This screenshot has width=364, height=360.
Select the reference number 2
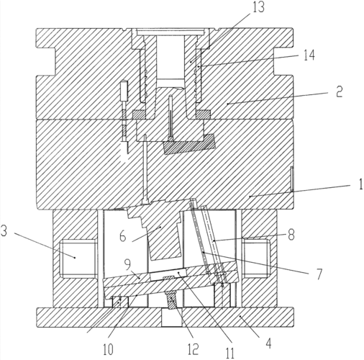(x=339, y=91)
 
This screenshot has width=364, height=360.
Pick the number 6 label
(x=122, y=236)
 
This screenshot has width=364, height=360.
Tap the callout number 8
(x=291, y=235)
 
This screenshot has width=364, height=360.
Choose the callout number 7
(x=319, y=274)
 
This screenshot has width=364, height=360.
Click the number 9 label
(x=127, y=264)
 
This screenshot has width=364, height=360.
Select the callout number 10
(x=108, y=349)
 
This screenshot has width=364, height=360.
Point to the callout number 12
(x=193, y=349)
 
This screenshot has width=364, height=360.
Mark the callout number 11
(x=229, y=353)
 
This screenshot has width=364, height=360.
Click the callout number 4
(x=268, y=343)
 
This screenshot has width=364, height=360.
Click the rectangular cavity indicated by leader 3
(x=78, y=258)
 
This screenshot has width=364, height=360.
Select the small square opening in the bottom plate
(x=172, y=318)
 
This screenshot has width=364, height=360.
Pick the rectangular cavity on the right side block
(x=256, y=258)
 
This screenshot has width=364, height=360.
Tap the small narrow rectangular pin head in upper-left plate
(x=124, y=91)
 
